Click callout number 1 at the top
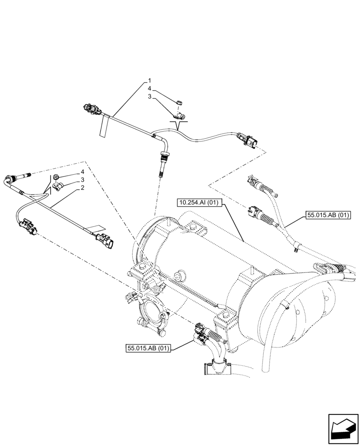tap(149, 82)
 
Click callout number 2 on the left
tap(83, 189)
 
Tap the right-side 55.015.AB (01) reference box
tap(328, 216)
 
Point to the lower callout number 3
tap(83, 180)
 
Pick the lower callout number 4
tap(83, 172)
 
